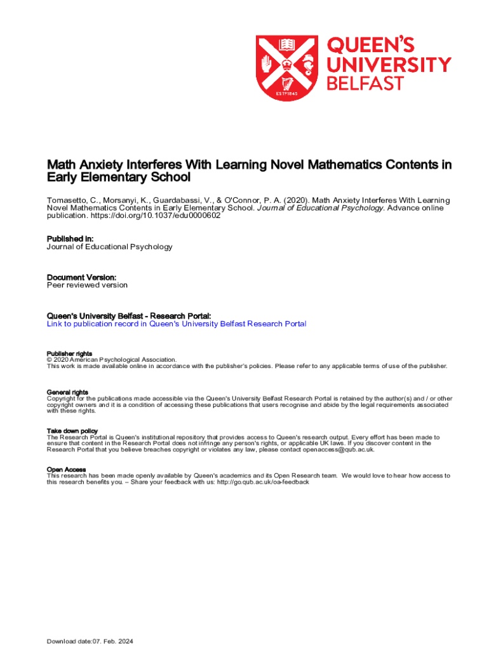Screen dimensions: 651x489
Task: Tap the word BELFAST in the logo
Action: click(365, 83)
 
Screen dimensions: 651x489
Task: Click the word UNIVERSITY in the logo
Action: click(389, 64)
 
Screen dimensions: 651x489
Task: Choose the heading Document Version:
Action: click(81, 277)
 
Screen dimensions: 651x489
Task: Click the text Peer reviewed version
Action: click(87, 285)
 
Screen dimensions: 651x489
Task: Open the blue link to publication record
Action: click(177, 324)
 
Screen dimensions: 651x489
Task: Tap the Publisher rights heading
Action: click(69, 353)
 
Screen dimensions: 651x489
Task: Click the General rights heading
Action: click(67, 392)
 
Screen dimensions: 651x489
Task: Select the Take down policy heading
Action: click(72, 431)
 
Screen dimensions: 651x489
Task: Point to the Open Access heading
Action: click(66, 470)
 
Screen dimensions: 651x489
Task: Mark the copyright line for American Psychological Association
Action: click(112, 360)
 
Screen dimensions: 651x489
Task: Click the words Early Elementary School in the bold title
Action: click(119, 178)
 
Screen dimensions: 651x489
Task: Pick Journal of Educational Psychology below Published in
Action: click(110, 247)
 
